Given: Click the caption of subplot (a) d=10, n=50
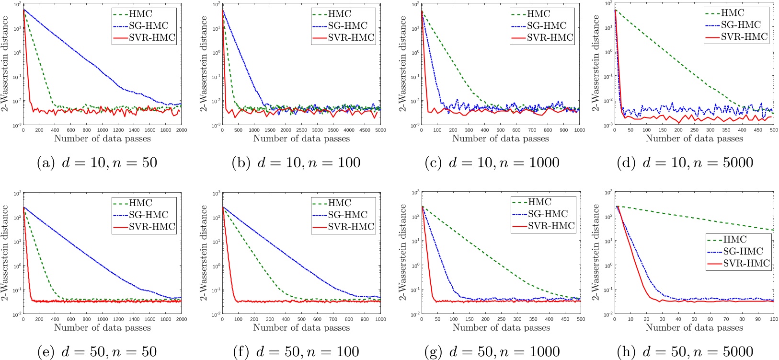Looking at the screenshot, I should tap(97, 163).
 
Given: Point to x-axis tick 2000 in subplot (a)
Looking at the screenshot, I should tap(181, 130).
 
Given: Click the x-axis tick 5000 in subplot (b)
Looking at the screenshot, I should tap(380, 130).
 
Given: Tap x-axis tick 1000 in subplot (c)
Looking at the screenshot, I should tap(579, 130).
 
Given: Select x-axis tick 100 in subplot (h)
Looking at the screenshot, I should tap(773, 319).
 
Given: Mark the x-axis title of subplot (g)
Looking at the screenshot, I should tap(501, 328).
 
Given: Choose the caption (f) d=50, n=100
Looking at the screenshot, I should tap(296, 351).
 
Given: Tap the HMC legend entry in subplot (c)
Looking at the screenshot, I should tap(539, 14).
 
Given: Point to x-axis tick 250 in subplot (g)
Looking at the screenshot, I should tap(501, 319).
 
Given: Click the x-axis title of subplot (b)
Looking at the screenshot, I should tap(301, 139).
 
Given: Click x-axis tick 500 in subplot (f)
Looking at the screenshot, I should tap(301, 319).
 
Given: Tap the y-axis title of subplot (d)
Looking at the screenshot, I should tap(596, 63).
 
